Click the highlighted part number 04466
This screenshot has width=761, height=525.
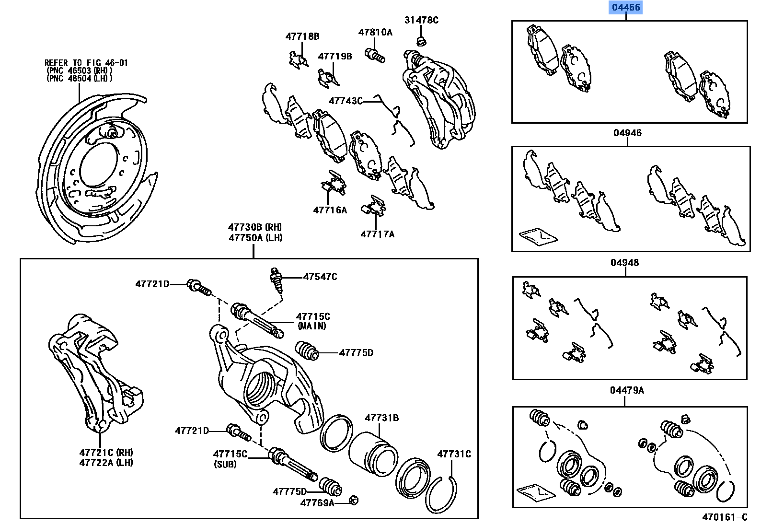625,8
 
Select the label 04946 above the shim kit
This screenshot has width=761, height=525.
627,133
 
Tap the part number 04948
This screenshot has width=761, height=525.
624,263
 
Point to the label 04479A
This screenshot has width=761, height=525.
627,390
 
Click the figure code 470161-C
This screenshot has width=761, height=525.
724,517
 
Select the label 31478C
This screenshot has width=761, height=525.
421,20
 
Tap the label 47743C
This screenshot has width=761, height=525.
346,101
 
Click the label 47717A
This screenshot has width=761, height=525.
377,234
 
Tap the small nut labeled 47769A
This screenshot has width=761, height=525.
354,500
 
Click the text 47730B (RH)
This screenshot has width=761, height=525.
255,227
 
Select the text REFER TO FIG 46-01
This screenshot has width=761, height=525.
86,63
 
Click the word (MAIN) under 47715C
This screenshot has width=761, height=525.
311,326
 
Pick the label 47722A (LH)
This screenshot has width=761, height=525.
106,462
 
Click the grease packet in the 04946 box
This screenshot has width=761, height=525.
538,236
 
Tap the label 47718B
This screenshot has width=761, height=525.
302,36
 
